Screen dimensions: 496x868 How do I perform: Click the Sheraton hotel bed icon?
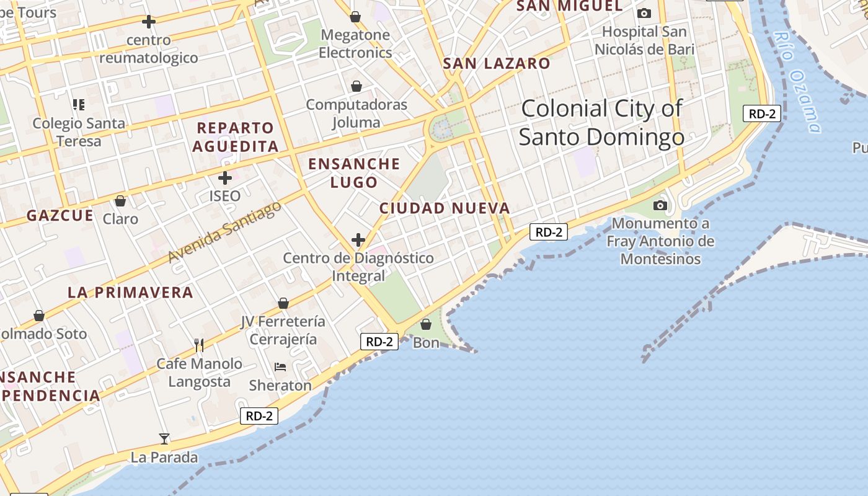[280, 367]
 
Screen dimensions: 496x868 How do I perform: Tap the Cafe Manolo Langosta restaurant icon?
[198, 345]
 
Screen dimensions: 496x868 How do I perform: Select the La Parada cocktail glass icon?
[164, 439]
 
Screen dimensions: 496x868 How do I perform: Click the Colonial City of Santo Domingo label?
[601, 123]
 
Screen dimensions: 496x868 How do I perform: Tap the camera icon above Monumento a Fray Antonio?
[660, 205]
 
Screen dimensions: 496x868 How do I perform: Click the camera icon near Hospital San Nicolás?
[644, 13]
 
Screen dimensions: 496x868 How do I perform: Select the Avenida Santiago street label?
[224, 232]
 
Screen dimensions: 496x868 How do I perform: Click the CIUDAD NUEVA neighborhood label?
[445, 208]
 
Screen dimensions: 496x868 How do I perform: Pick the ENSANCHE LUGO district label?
[354, 173]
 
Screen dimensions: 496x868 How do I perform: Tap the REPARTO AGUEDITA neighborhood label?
[236, 137]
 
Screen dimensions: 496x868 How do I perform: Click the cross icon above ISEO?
[224, 178]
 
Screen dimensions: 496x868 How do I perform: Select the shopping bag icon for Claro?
[120, 201]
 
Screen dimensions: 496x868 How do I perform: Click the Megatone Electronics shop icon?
[355, 17]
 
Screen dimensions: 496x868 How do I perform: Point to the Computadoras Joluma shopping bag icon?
[356, 86]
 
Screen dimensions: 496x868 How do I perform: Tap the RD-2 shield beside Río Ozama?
[761, 113]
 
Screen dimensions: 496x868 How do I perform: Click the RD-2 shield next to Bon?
[379, 342]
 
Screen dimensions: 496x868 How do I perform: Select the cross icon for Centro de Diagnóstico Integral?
[358, 239]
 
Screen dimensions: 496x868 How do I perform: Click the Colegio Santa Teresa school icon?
[78, 104]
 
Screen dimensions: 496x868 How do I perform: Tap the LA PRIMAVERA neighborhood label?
[130, 293]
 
